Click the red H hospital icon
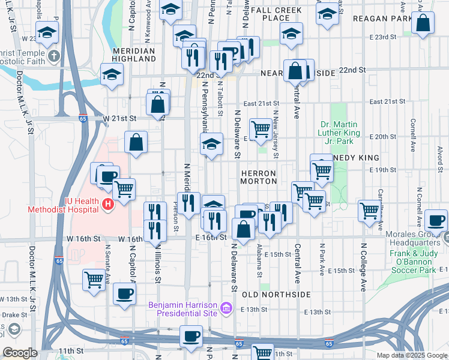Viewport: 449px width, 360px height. (108, 205)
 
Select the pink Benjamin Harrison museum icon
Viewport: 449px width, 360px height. (226, 308)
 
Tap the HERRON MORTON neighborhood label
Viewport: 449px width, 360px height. (258, 176)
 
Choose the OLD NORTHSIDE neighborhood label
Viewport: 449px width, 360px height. (277, 295)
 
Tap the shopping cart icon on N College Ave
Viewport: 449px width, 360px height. (369, 211)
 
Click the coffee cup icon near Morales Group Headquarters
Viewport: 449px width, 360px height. (436, 220)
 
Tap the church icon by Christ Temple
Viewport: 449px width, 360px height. (53, 57)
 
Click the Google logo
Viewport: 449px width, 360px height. (20, 353)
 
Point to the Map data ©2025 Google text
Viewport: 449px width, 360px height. (411, 355)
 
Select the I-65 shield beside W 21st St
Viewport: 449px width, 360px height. (82, 119)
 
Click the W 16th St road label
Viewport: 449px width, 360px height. (83, 239)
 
